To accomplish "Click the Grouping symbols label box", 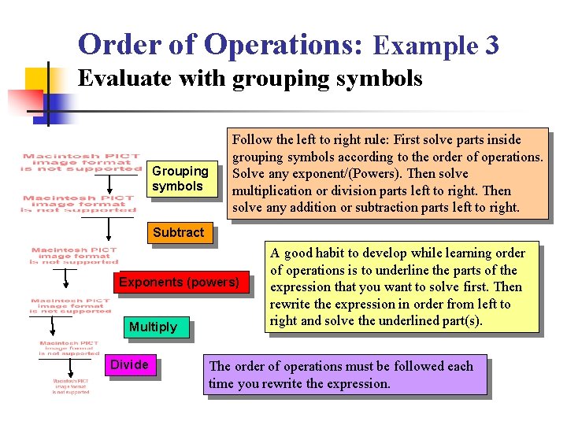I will coord(180,179).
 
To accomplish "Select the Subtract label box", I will coord(178,233).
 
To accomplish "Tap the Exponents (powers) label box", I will coord(179,283).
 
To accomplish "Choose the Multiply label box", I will coord(153,327).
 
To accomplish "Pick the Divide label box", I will coord(129,365).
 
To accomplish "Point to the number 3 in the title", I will coord(491,46).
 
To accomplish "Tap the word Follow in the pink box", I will coord(253,140).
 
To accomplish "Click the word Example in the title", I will coord(426,46).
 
